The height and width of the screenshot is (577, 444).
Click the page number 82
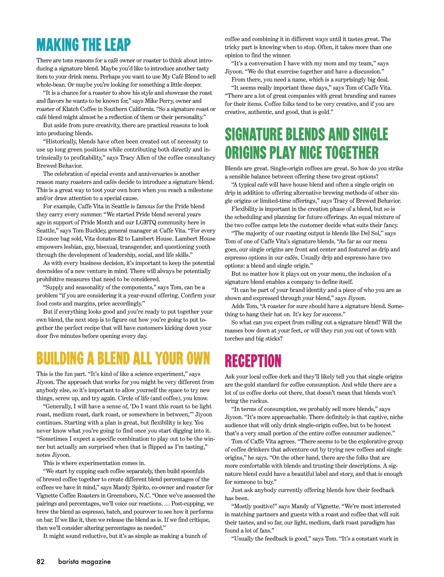pyautogui.click(x=40, y=561)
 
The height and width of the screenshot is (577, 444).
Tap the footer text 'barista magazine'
pyautogui.click(x=84, y=561)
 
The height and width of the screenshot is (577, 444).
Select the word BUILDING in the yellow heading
pyautogui.click(x=60, y=358)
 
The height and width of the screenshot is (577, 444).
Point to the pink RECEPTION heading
pyautogui.click(x=253, y=361)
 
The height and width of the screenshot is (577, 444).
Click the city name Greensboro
pyautogui.click(x=143, y=496)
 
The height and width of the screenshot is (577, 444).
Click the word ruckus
pyautogui.click(x=258, y=401)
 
